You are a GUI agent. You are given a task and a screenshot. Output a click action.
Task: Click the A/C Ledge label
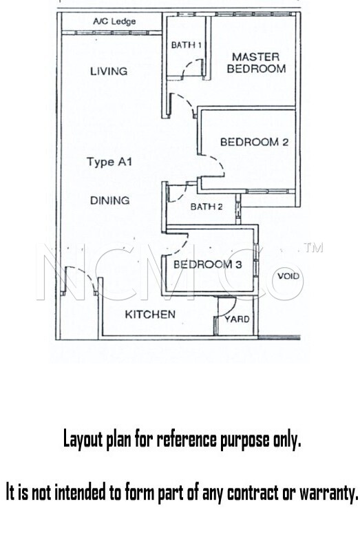point(114,21)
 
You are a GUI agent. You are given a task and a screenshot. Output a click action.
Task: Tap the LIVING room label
point(109,71)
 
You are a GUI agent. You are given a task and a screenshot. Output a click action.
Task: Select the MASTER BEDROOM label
point(256,63)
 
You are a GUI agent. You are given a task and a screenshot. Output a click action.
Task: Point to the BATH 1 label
point(187,45)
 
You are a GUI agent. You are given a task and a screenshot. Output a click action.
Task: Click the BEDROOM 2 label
point(254,142)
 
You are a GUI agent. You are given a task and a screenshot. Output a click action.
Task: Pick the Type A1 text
point(109,162)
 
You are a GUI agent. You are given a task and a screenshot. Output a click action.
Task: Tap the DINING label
point(110,200)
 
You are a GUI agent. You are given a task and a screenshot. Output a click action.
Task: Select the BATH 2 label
point(207,207)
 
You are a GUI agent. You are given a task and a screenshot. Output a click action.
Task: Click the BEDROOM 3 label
point(207,264)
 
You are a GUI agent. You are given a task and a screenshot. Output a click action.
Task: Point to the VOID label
point(288,276)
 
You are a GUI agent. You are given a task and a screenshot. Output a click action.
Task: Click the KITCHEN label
point(150,314)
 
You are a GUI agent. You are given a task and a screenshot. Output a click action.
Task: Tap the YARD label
point(237,320)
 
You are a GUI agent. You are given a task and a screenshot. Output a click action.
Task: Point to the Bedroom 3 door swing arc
point(181,247)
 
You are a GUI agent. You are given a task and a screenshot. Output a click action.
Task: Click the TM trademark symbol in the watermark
point(314,247)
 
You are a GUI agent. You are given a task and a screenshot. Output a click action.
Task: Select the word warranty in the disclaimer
point(328,492)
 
